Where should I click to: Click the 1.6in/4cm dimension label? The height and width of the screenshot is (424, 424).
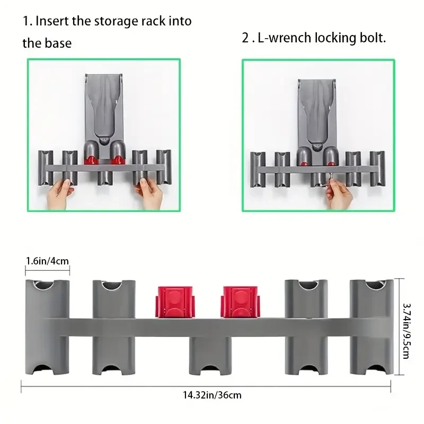tap(47, 260)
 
